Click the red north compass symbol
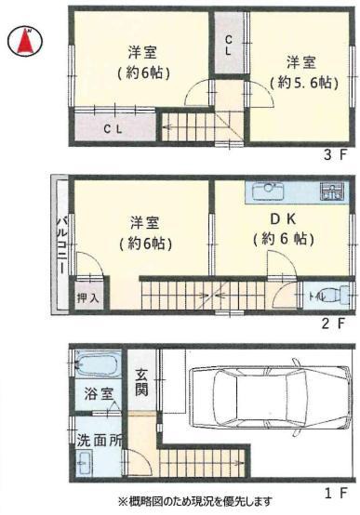[25, 41]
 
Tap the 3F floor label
[335, 154]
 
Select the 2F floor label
[333, 324]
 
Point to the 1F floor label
[335, 493]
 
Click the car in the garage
[271, 397]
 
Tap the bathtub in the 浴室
[97, 363]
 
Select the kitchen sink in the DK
[268, 191]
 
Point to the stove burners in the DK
[332, 191]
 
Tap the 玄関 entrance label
[141, 383]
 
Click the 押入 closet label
[87, 297]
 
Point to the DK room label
[283, 219]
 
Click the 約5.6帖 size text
[304, 83]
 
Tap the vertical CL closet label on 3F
[229, 46]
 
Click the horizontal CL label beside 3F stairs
[113, 129]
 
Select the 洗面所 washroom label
[100, 441]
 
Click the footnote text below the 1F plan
[195, 502]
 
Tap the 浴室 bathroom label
[99, 394]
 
